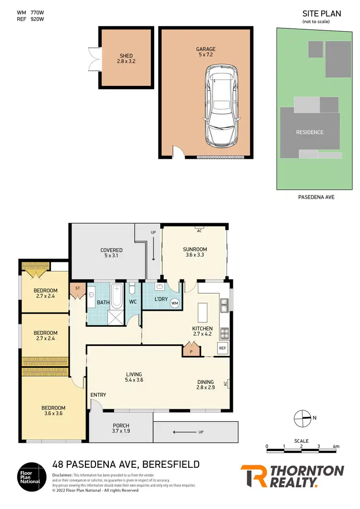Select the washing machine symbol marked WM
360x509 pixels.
point(175,303)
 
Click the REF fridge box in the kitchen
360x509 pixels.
point(222,348)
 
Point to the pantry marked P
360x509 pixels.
point(192,350)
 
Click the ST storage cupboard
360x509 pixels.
point(77,288)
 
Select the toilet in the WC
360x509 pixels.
point(133,289)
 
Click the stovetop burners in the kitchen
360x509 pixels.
point(224,332)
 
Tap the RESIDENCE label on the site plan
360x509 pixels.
point(310,132)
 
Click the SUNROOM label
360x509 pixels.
point(195,249)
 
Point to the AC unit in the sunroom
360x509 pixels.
point(198,230)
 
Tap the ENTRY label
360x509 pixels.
point(98,395)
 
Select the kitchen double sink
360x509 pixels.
point(224,302)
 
